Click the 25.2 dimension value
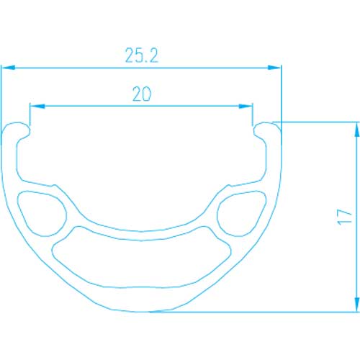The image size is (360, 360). (x=142, y=55)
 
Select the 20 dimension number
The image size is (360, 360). (x=142, y=94)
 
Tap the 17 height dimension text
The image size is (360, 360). (x=344, y=217)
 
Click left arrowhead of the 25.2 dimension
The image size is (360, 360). (x=8, y=68)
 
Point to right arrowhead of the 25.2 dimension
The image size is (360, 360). (x=274, y=68)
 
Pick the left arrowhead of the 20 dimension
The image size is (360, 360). (x=37, y=106)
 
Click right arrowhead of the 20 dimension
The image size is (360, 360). (x=246, y=106)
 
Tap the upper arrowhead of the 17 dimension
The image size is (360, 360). (x=357, y=130)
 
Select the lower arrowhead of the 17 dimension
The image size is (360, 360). (x=357, y=305)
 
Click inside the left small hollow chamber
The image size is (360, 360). (x=41, y=213)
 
